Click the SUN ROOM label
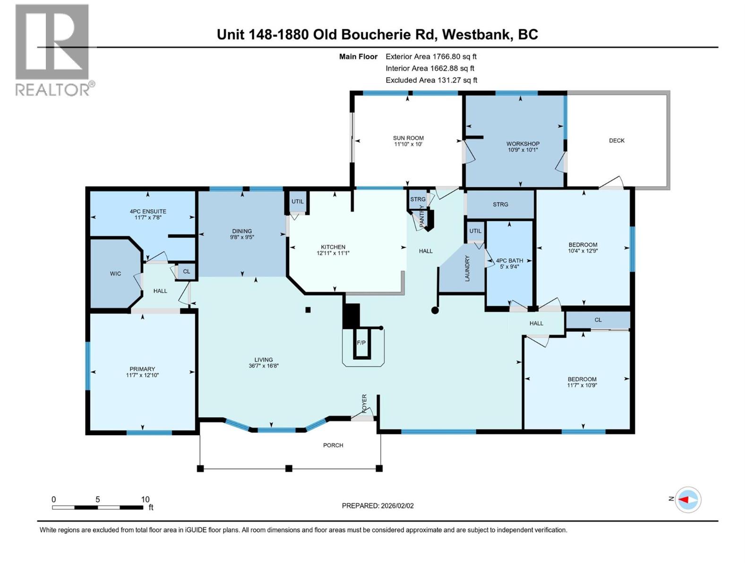tap(408, 138)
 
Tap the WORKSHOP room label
tap(523, 144)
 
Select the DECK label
tap(617, 140)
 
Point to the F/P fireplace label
tap(361, 343)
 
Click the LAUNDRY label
tap(467, 268)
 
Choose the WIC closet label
tap(115, 274)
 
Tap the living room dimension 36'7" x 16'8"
tap(264, 366)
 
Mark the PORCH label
tap(333, 445)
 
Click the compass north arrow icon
tap(687, 499)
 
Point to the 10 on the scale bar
tap(145, 499)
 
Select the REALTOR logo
tap(53, 50)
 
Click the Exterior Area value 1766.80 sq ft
tap(455, 56)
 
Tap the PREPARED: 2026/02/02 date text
tap(378, 506)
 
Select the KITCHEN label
tap(333, 247)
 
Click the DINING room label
tap(242, 231)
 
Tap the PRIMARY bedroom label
tap(142, 369)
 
